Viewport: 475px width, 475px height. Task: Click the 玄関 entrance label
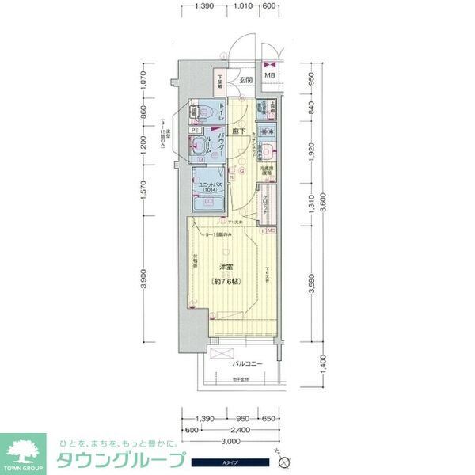pyautogui.click(x=247, y=80)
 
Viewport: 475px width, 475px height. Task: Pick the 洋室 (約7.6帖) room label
pyautogui.click(x=226, y=274)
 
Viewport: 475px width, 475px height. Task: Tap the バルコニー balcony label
pyautogui.click(x=248, y=364)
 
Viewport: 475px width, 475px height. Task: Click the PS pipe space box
pyautogui.click(x=195, y=131)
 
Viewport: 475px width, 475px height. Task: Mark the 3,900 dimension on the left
pyautogui.click(x=144, y=277)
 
